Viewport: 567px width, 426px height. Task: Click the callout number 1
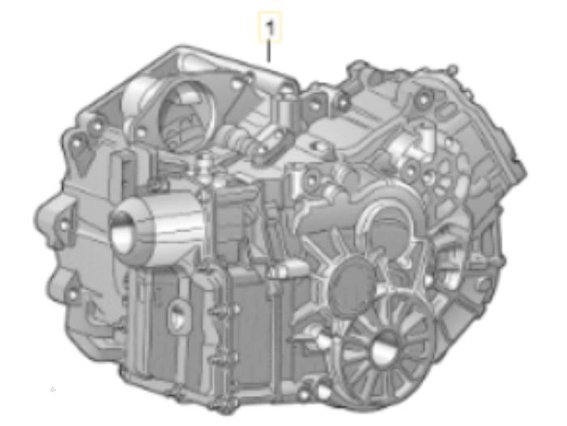pyautogui.click(x=271, y=28)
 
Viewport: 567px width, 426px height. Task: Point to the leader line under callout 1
pyautogui.click(x=271, y=53)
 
